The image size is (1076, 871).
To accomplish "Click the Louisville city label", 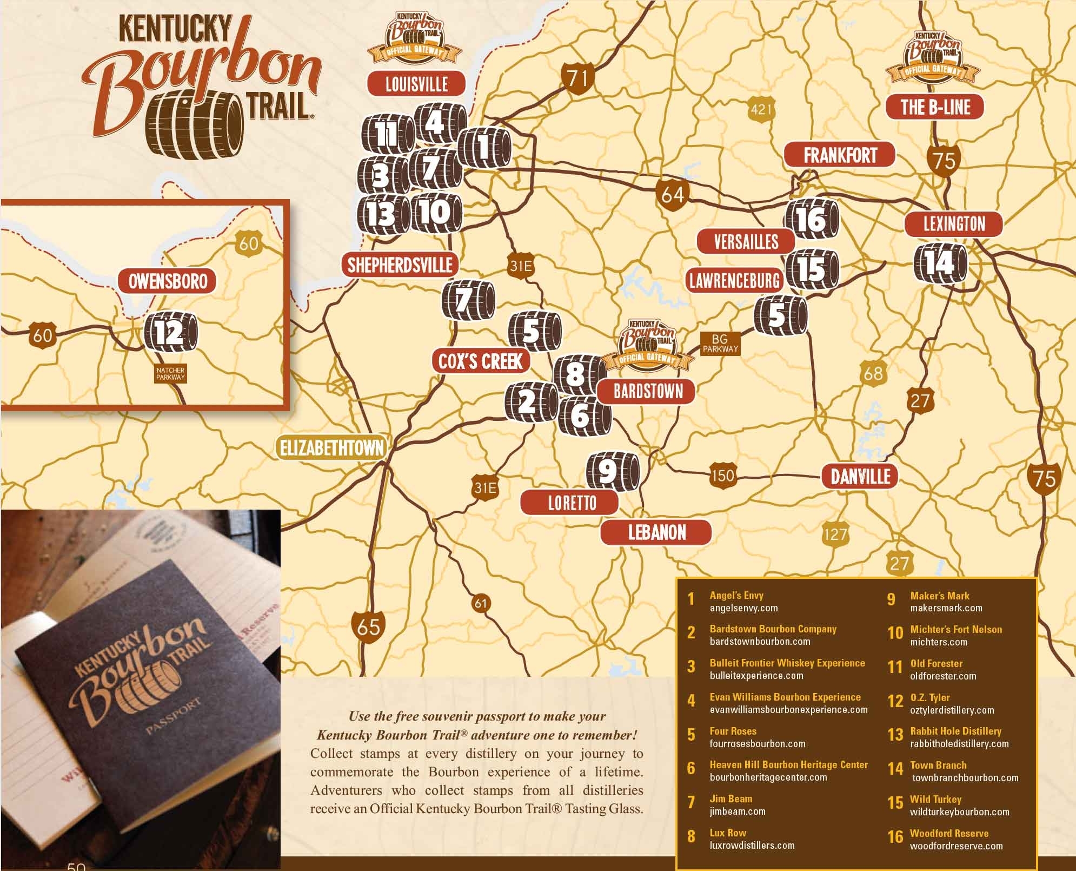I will pyautogui.click(x=416, y=84).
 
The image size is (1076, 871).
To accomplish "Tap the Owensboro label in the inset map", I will pyautogui.click(x=168, y=281).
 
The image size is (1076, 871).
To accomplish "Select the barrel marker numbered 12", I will pyautogui.click(x=171, y=332).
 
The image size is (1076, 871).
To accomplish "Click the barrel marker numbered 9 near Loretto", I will pyautogui.click(x=612, y=472).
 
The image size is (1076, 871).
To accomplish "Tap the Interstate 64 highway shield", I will pyautogui.click(x=672, y=194).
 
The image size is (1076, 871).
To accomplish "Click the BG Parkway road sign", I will pyautogui.click(x=720, y=344).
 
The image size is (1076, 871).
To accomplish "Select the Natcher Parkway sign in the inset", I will pyautogui.click(x=170, y=374).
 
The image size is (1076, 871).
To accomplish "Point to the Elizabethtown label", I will pyautogui.click(x=331, y=448).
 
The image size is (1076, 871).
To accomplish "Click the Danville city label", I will pyautogui.click(x=860, y=477).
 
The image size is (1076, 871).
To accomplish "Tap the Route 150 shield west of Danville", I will pyautogui.click(x=722, y=476).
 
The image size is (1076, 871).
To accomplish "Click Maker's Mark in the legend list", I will pyautogui.click(x=940, y=596).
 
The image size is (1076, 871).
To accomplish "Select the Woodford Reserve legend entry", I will pyautogui.click(x=949, y=833).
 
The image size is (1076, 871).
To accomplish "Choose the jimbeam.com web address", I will pyautogui.click(x=738, y=811).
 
